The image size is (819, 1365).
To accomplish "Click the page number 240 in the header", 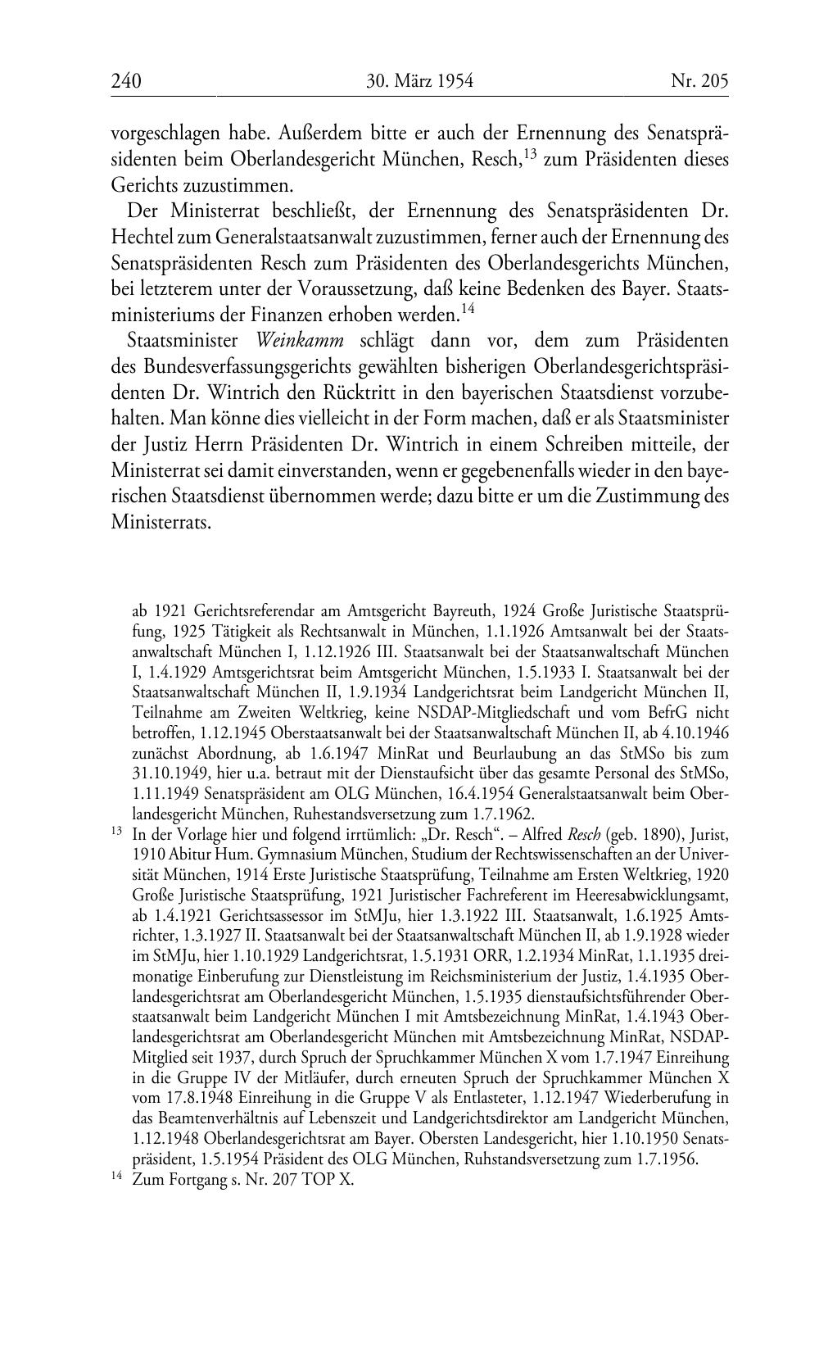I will (x=126, y=80).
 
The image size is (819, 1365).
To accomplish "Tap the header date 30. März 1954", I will (x=420, y=80).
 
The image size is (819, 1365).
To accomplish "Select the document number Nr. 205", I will (x=699, y=80).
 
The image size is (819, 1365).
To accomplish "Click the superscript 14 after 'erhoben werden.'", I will (x=468, y=308).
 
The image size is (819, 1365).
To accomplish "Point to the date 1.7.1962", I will (x=505, y=814).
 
